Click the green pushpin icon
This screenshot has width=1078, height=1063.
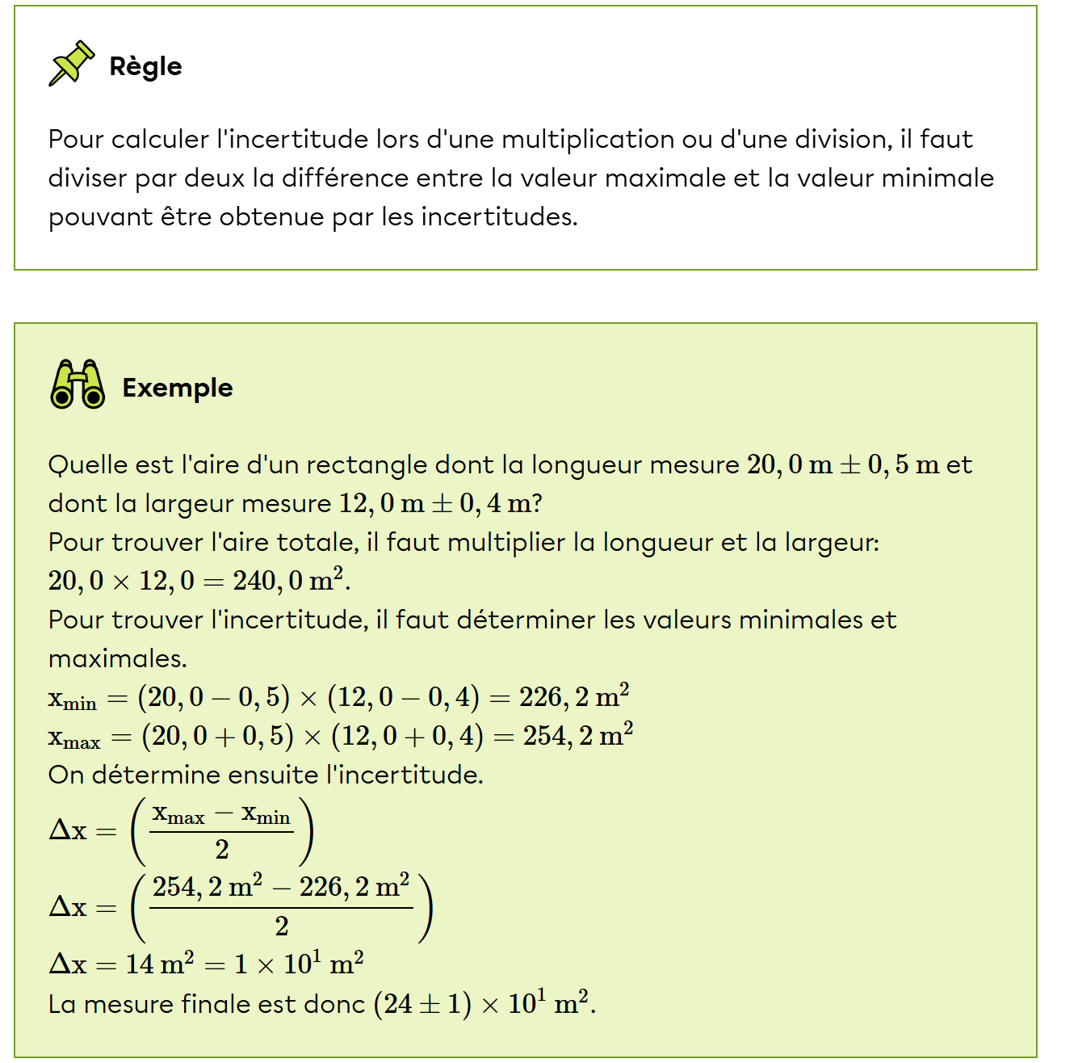coord(71,63)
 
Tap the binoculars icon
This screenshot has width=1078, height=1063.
coord(78,384)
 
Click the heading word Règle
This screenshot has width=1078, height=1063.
coord(145,66)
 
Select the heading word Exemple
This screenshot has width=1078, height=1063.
coord(178,388)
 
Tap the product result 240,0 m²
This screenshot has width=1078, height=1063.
coord(288,580)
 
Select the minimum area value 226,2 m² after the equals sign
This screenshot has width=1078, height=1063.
coord(574,697)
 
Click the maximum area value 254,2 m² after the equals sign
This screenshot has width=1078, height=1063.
coord(578,736)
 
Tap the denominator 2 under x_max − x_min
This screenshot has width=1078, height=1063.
coord(222,850)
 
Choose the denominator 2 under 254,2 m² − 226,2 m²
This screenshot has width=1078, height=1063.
coord(282,926)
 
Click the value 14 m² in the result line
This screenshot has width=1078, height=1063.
coord(159,964)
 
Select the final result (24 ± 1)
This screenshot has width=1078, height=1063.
coord(422,1004)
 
